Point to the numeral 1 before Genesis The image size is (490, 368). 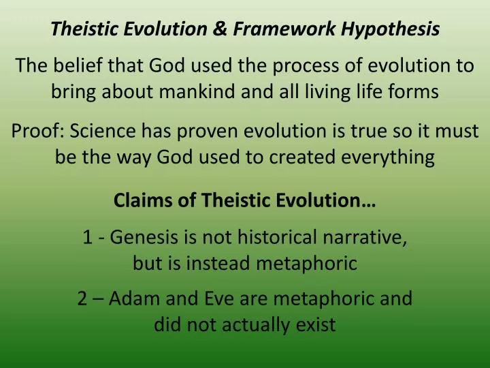click(x=86, y=239)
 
